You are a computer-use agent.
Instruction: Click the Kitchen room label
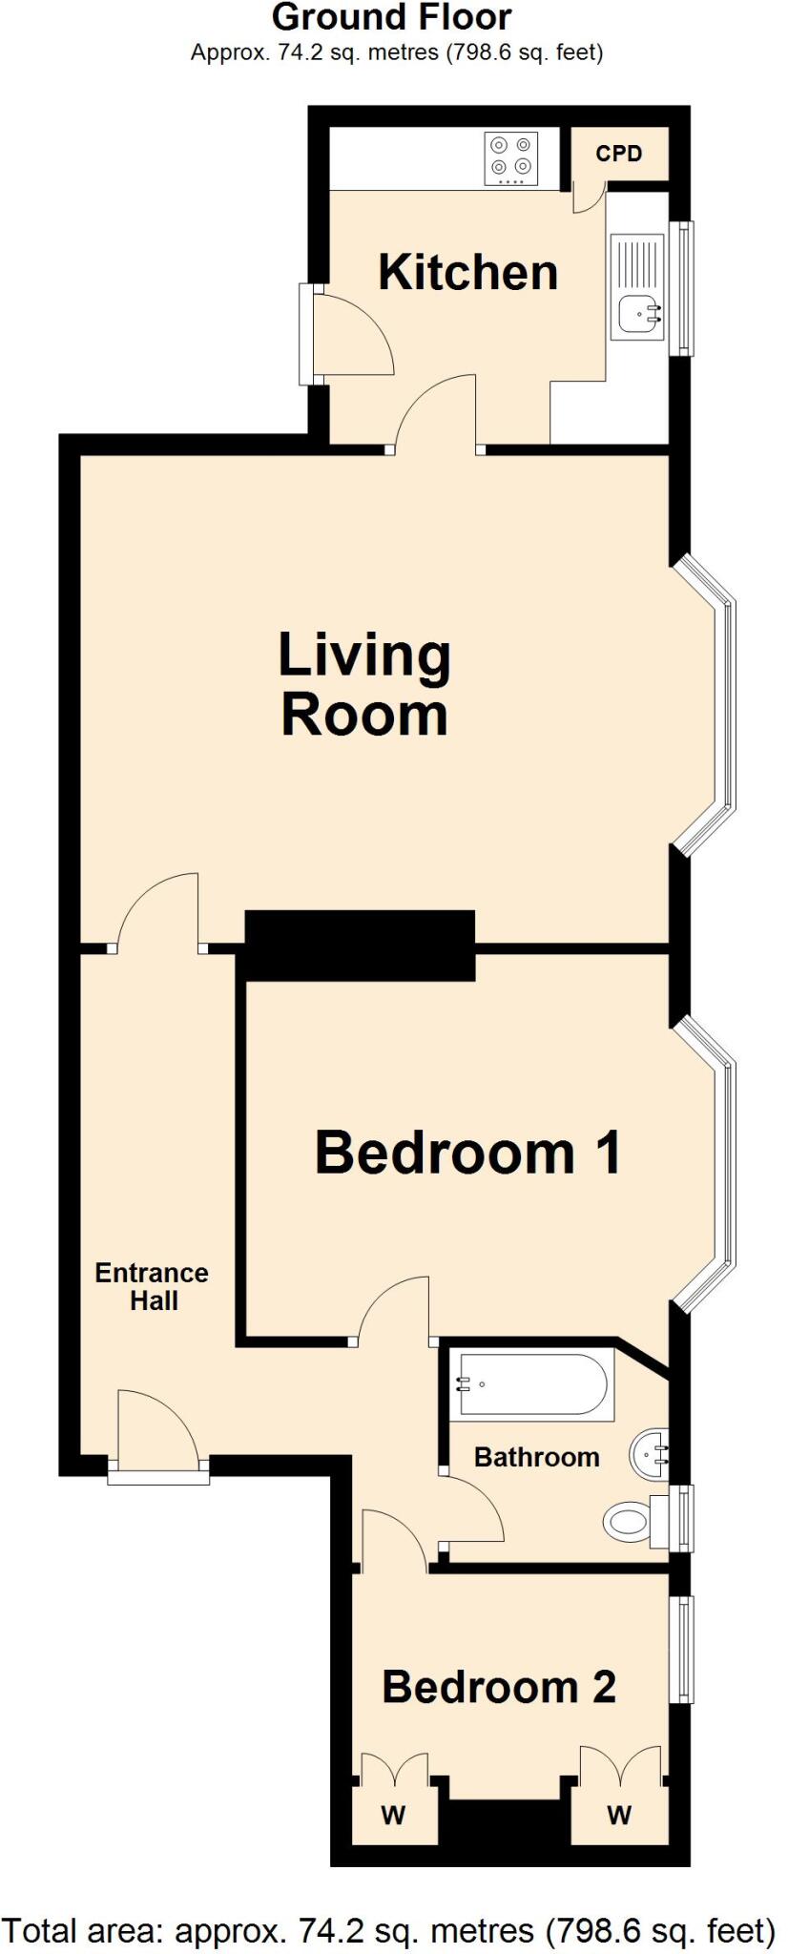tap(467, 273)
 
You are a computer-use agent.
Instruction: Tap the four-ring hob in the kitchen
tap(510, 157)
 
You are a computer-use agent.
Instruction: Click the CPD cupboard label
tap(618, 154)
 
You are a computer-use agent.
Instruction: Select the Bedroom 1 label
tap(467, 1152)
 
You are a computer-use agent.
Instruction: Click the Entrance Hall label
tap(153, 1286)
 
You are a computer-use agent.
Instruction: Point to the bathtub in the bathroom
tap(531, 1384)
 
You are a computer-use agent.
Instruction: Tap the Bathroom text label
tap(536, 1457)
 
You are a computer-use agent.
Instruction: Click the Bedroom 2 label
tap(498, 1687)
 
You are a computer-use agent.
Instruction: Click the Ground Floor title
tap(391, 17)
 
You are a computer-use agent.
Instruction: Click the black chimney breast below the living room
tap(360, 946)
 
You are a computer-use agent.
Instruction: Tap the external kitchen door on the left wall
tap(307, 334)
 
